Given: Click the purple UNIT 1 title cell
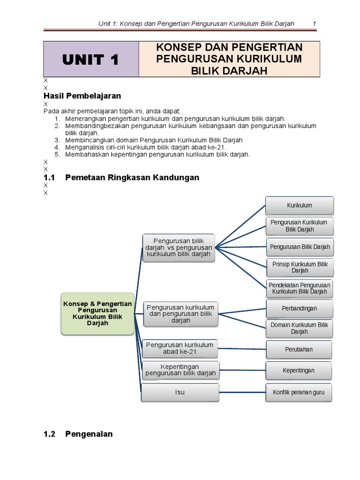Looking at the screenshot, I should [x=91, y=59].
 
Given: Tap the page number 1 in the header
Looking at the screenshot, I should [x=314, y=24].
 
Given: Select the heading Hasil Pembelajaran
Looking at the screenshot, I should [x=82, y=96].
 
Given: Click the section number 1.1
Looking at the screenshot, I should [x=49, y=177].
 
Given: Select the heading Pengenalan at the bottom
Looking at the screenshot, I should [x=89, y=434].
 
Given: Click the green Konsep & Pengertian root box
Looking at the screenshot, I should [x=97, y=314].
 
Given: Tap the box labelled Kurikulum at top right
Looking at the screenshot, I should [x=300, y=205].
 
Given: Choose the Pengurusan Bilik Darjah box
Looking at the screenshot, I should [x=300, y=247].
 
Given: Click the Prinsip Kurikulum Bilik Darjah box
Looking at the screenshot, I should [x=300, y=267].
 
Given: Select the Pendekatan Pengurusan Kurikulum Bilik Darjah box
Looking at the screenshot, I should [x=300, y=288].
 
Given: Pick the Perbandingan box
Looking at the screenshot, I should [x=300, y=308].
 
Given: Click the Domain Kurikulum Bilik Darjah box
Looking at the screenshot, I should [x=300, y=328].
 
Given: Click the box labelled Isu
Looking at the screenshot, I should [x=180, y=392].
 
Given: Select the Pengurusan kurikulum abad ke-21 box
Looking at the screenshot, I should [x=180, y=348].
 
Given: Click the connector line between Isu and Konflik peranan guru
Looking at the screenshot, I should [x=242, y=392].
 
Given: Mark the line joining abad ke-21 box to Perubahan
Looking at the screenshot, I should [x=242, y=348].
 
